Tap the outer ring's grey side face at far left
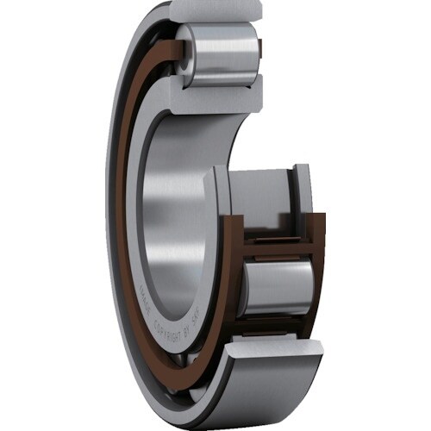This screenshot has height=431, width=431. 111,215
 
